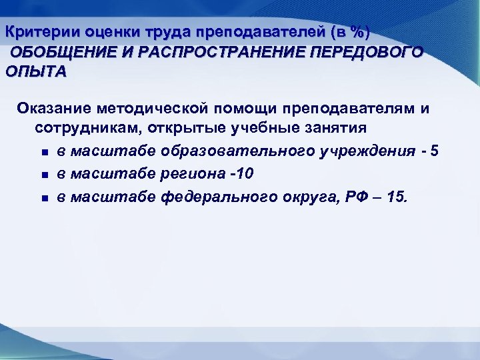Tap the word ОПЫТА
pos(35,72)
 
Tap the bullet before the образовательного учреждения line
pos(43,153)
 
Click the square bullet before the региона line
pos(43,175)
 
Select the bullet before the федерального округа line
pos(43,198)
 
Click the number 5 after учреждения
pos(435,151)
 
